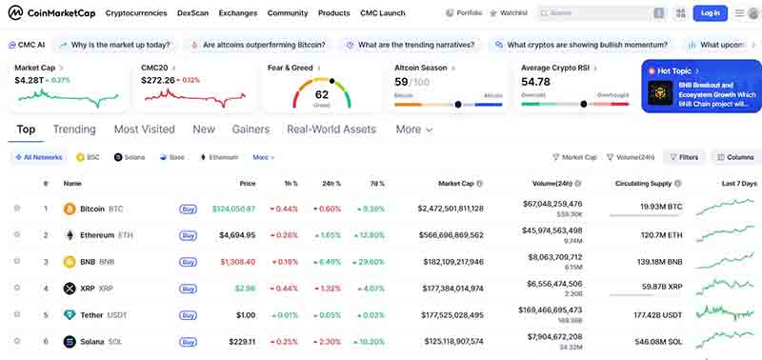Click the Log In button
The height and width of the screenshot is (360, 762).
tap(711, 13)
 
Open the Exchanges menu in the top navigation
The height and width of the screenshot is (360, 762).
tap(237, 13)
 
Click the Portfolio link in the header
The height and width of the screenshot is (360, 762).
tap(464, 13)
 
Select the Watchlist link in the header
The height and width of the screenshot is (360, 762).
tap(510, 13)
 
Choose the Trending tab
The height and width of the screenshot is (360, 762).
tap(74, 130)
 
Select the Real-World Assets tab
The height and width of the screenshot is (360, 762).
tap(331, 130)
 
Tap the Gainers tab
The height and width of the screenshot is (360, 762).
tap(251, 130)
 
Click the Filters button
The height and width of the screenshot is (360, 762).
tap(683, 157)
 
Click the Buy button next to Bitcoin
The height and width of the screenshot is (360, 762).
tap(189, 209)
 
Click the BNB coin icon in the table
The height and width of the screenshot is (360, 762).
tap(70, 261)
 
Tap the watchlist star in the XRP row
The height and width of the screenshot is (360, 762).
tap(17, 288)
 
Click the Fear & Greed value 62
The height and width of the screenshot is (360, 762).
tap(321, 94)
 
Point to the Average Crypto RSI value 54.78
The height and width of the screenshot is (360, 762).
tap(536, 82)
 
